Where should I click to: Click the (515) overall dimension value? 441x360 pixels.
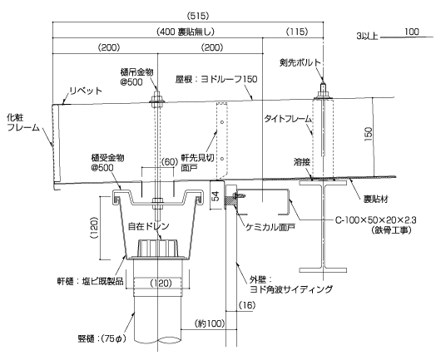pos(198,16)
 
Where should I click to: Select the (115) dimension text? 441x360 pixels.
pos(297,32)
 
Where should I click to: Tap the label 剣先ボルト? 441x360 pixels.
pos(300,62)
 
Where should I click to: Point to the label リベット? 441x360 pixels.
pos(86,91)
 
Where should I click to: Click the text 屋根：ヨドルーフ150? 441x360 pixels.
pos(216,79)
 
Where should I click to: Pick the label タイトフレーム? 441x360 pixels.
pos(288,119)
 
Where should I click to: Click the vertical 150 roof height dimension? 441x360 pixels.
pos(368,135)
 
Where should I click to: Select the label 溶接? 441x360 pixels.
pos(302,162)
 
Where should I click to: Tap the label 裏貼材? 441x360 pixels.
pos(376,200)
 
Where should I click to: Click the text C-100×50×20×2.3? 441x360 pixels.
pos(376,219)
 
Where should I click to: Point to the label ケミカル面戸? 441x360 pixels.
pos(270,227)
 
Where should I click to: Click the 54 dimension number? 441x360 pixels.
pos(216,196)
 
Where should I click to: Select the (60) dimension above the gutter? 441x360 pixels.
pos(170,161)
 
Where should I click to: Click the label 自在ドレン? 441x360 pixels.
pos(148,226)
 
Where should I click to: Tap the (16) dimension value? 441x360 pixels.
pos(247,305)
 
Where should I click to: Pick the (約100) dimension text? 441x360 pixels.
pos(210,323)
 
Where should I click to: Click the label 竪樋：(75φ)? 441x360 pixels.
pos(102,338)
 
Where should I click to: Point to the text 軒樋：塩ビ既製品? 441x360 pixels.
pos(91,281)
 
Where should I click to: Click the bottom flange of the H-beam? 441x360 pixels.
pos(323,270)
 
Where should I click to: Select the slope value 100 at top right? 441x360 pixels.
pos(412,32)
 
